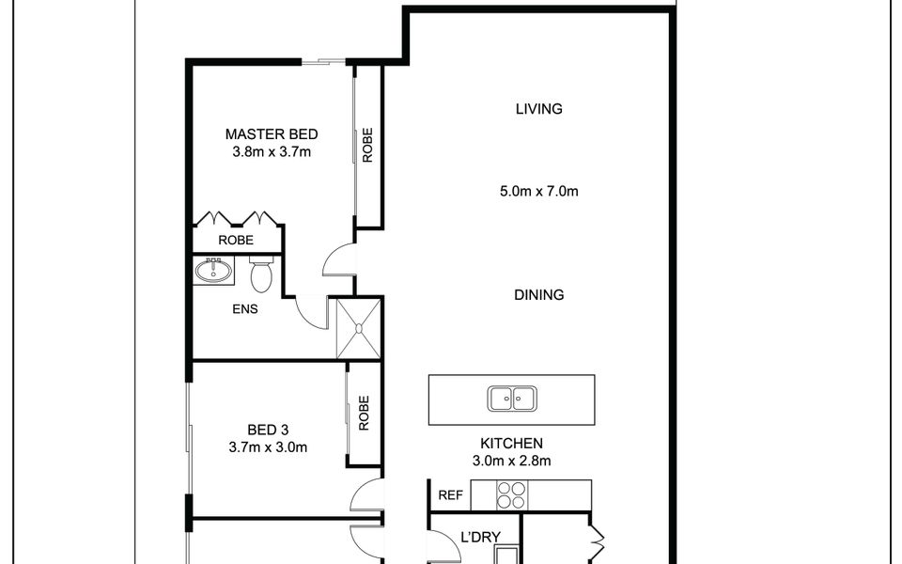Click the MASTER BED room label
click(x=271, y=133)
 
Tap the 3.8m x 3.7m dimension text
click(x=271, y=150)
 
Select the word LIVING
click(x=538, y=109)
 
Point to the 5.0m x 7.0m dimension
click(x=538, y=192)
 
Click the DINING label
click(x=538, y=295)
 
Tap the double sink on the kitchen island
click(x=511, y=399)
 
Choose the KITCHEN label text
click(x=511, y=443)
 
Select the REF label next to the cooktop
click(x=450, y=494)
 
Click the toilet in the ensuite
click(x=261, y=274)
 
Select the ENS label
click(x=245, y=307)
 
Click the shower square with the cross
click(x=359, y=327)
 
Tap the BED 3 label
click(x=267, y=431)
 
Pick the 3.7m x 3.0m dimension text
click(x=267, y=447)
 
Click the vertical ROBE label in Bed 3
click(x=364, y=414)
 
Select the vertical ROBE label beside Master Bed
click(x=367, y=146)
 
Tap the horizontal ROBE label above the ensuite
click(x=236, y=241)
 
